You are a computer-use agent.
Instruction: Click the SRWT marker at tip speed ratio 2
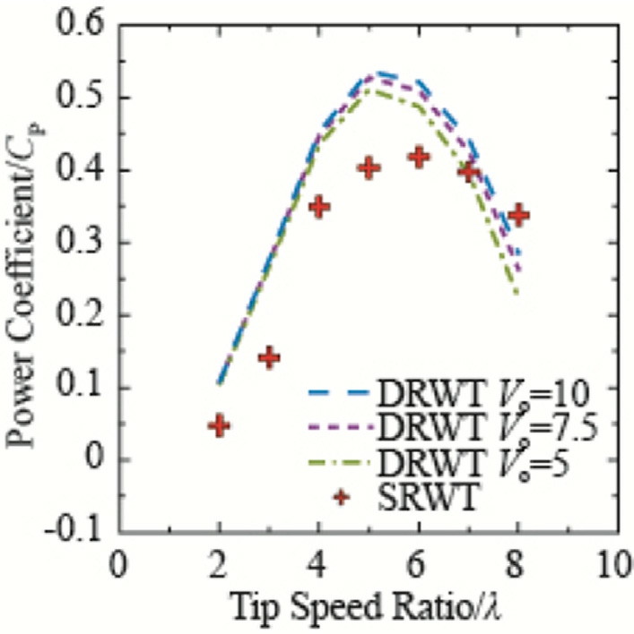point(219,425)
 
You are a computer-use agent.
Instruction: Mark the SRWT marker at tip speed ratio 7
point(469,170)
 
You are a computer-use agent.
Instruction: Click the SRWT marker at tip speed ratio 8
point(518,215)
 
